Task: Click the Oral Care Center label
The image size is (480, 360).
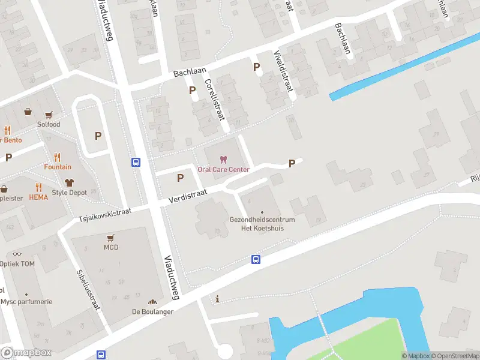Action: coord(223,170)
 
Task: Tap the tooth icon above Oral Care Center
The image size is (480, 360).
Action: coord(223,160)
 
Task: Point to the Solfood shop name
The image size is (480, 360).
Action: coord(49,124)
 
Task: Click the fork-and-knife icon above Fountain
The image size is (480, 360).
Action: coord(57,157)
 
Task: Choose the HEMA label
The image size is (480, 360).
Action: coord(38,197)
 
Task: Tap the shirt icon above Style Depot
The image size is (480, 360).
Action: coord(69,182)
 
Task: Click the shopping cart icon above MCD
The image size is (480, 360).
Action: coord(111,237)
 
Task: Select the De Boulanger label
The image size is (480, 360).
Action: coord(152,312)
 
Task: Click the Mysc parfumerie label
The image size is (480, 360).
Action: coord(26,302)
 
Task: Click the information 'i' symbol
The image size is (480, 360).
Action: coord(217,299)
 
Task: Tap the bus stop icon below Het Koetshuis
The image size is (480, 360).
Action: coord(256,259)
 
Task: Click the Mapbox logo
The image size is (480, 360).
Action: coord(26,353)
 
